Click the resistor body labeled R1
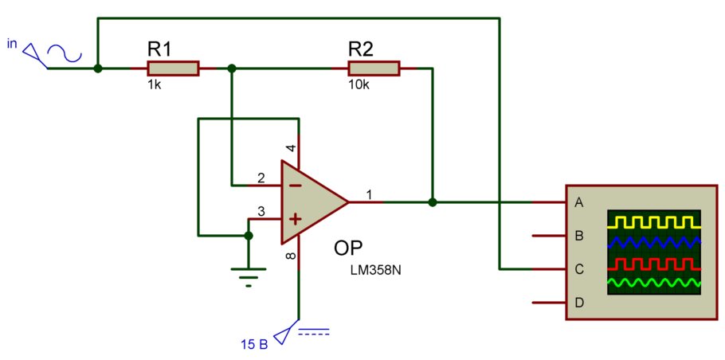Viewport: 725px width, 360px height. point(174,68)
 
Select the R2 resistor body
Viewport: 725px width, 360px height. point(374,68)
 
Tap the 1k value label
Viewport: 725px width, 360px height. point(155,85)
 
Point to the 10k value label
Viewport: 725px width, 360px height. point(360,85)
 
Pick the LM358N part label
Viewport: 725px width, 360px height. point(375,270)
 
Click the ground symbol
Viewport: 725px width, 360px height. point(249,277)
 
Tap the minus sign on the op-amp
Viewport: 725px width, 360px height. point(296,186)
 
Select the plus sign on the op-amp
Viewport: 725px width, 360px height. point(296,218)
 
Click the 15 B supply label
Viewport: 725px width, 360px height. point(254,344)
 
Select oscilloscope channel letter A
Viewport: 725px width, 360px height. point(578,202)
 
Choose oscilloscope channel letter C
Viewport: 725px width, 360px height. point(578,269)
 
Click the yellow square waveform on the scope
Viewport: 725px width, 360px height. point(654,222)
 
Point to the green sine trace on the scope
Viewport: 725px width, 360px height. point(654,283)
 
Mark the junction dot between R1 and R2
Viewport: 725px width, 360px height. point(232,68)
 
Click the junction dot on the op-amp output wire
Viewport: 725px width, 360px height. point(433,202)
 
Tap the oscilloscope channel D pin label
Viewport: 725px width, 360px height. point(578,303)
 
